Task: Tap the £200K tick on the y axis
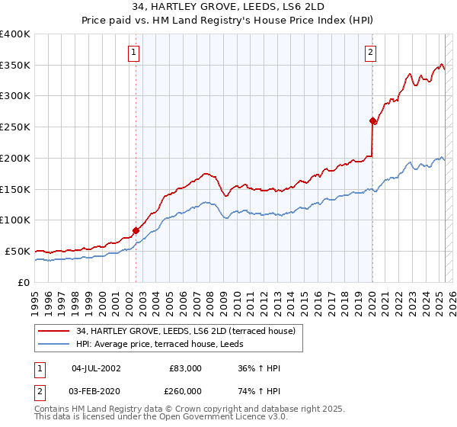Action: (15, 158)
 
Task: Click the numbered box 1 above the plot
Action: (134, 53)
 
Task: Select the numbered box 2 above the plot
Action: (370, 53)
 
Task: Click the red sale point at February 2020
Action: (372, 120)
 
